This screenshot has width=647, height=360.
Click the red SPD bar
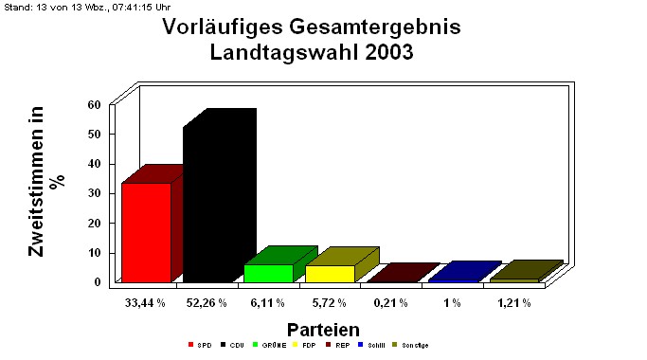147,232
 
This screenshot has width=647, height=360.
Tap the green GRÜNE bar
268,273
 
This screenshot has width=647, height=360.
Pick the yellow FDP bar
330,274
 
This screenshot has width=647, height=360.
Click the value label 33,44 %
146,302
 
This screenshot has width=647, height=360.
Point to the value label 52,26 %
207,302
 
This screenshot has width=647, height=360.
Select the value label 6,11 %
268,302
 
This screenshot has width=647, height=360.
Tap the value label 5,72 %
330,302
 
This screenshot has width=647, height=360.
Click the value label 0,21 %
390,302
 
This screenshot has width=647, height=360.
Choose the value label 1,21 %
513,302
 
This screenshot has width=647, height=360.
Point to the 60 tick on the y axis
94,104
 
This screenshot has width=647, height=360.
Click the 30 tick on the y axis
94,193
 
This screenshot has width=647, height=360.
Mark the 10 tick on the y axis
94,252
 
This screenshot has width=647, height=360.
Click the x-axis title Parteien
323,330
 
